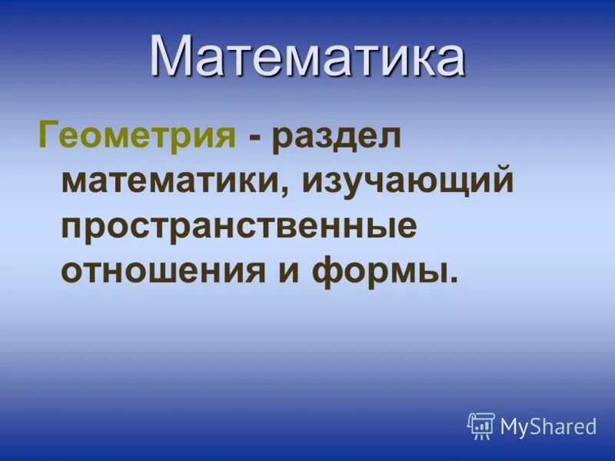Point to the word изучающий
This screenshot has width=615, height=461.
pyautogui.click(x=407, y=184)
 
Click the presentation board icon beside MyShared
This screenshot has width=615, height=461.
pyautogui.click(x=481, y=426)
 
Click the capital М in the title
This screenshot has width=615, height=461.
pyautogui.click(x=171, y=55)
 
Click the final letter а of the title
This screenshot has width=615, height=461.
pyautogui.click(x=447, y=59)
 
